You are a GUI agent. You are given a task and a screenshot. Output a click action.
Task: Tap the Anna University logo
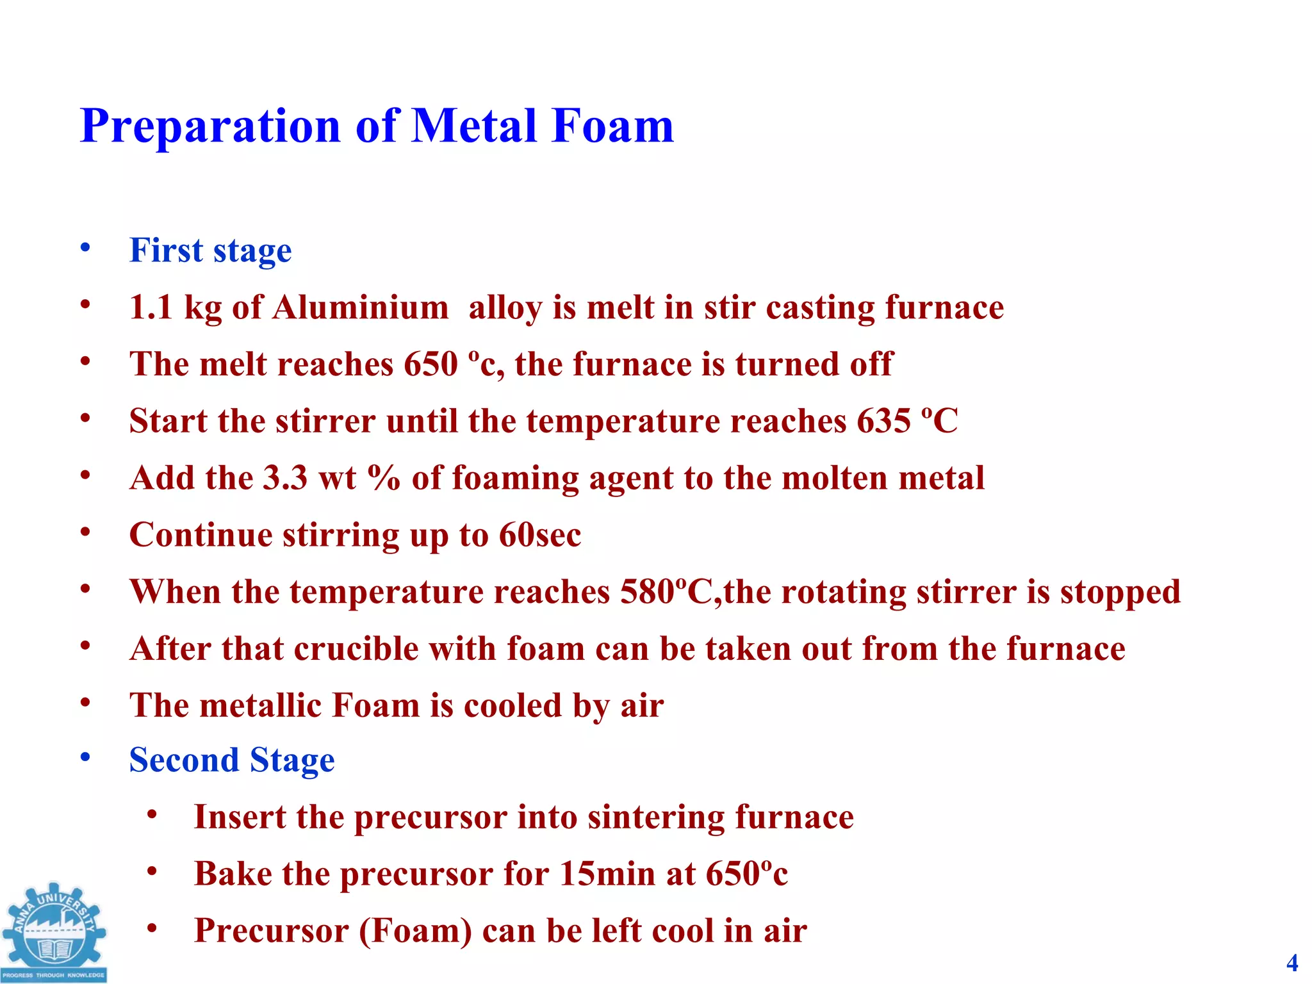coord(54,932)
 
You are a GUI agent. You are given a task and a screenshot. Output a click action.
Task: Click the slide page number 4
coord(1292,963)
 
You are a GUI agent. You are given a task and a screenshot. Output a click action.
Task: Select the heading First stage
coord(210,250)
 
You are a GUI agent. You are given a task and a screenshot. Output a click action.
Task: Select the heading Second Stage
coord(232,760)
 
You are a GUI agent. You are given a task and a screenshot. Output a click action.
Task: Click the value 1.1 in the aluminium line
coord(151,307)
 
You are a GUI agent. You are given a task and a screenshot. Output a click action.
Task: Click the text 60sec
coord(540,536)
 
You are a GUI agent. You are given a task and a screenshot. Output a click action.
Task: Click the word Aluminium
coord(360,307)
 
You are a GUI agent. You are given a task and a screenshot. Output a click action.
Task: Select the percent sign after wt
coord(384,479)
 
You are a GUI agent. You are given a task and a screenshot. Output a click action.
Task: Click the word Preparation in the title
coord(210,127)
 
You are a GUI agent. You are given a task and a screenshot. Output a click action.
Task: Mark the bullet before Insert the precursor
coord(152,816)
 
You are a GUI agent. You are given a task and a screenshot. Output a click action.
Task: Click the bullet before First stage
coord(85,248)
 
